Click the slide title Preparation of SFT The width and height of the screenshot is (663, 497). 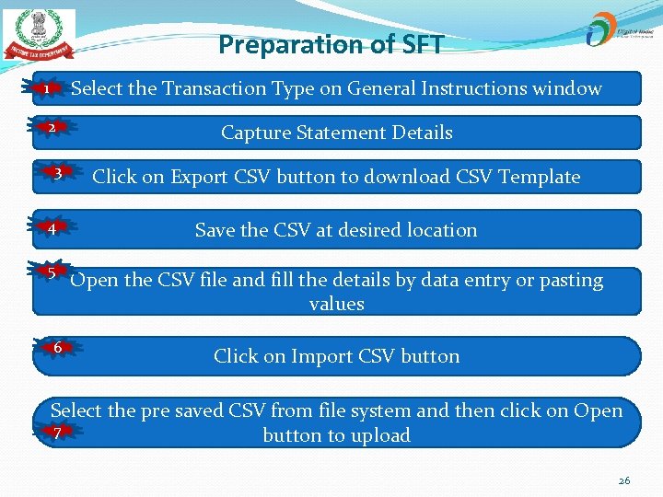(x=331, y=44)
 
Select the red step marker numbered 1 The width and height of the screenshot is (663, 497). (x=48, y=89)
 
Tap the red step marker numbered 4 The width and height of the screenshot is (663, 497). (x=54, y=228)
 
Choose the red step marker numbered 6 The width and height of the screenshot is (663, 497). (x=57, y=348)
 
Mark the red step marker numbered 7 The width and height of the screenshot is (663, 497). (x=57, y=433)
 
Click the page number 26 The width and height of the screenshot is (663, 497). (x=623, y=480)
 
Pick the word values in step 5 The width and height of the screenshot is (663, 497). (x=336, y=304)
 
